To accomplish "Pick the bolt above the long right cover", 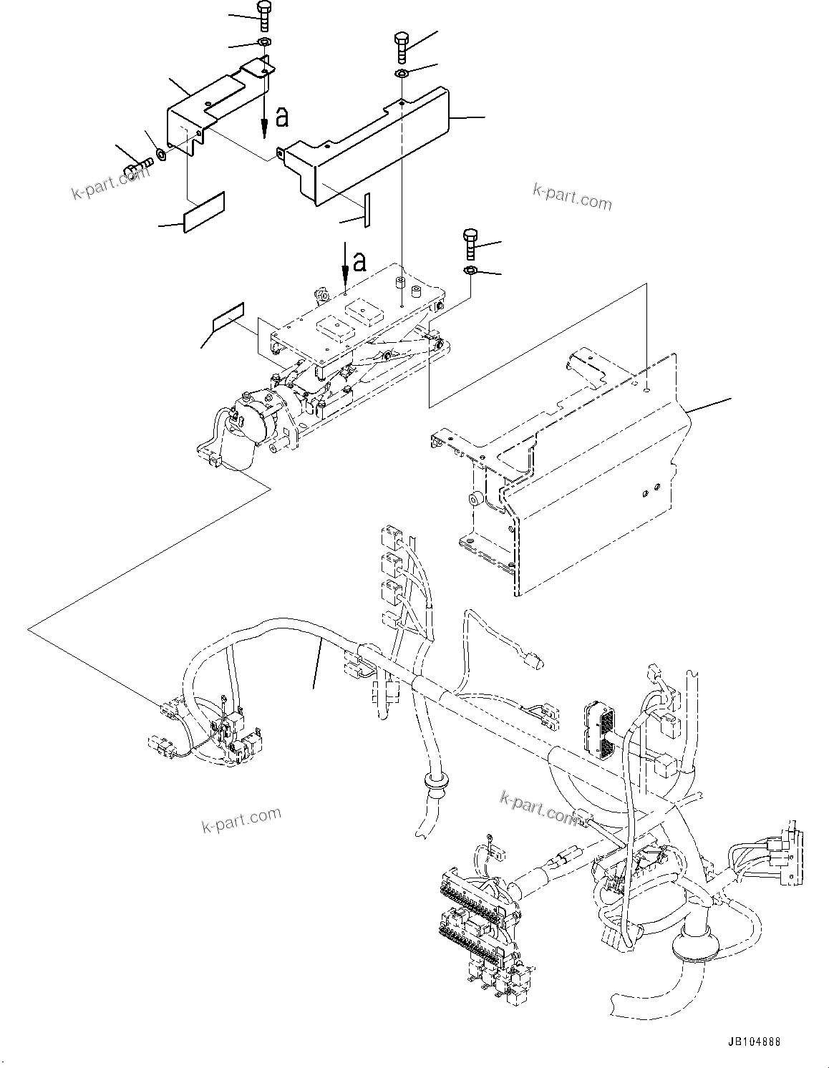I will pyautogui.click(x=402, y=47).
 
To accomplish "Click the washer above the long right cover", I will pyautogui.click(x=402, y=74).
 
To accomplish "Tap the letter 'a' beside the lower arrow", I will pyautogui.click(x=360, y=261).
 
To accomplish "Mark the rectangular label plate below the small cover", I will pyautogui.click(x=204, y=213).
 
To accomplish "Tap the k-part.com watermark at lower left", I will pyautogui.click(x=241, y=820).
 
